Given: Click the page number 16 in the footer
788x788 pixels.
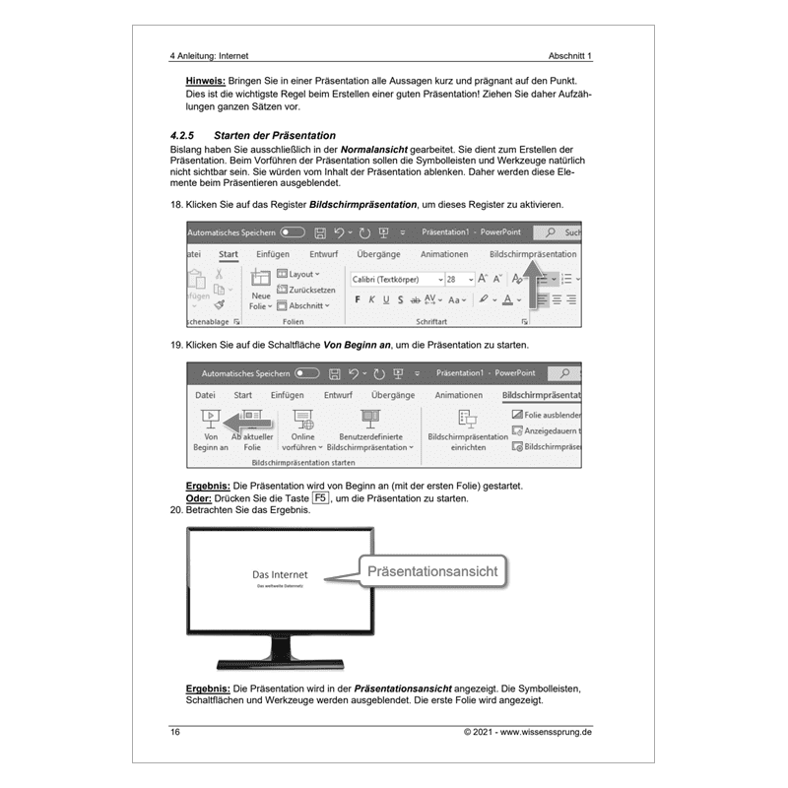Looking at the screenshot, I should click(175, 732).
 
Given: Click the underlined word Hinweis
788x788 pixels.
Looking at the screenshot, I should click(205, 80).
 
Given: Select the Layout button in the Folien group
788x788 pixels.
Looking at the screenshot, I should click(298, 274).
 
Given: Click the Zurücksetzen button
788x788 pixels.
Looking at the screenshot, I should click(306, 290).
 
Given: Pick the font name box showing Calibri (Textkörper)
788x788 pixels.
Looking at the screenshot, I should click(392, 279).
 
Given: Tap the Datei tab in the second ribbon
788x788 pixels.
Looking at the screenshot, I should click(206, 395).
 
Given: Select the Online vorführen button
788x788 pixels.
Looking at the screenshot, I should click(303, 429).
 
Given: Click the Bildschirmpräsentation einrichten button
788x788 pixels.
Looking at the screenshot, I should click(467, 429).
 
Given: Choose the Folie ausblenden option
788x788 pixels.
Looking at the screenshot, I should click(548, 416).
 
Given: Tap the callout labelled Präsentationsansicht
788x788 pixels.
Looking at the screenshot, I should click(432, 570).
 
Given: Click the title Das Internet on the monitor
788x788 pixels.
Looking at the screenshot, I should click(280, 574).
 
